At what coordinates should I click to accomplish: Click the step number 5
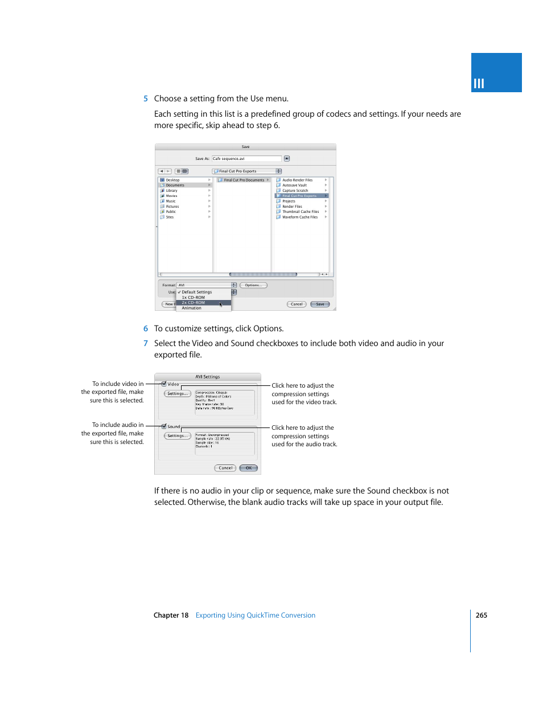(x=146, y=99)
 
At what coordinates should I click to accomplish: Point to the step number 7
(x=146, y=344)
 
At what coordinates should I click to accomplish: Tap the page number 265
(x=481, y=615)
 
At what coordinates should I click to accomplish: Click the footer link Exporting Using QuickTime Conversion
(x=255, y=615)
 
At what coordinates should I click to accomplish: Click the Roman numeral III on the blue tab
(x=479, y=84)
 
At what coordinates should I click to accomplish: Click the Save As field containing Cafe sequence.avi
(x=246, y=159)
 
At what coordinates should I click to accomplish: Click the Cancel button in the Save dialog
(x=297, y=305)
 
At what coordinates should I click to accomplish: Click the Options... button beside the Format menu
(x=253, y=285)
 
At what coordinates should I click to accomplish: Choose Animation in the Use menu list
(x=192, y=308)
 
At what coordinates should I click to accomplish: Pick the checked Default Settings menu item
(x=196, y=292)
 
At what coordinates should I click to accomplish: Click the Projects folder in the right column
(x=289, y=201)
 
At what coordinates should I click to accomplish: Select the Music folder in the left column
(x=171, y=201)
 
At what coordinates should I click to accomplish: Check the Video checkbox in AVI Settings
(x=164, y=384)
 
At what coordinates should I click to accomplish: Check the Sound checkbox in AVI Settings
(x=164, y=426)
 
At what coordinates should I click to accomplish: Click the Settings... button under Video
(x=177, y=394)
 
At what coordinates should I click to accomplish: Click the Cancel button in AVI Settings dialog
(x=225, y=468)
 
